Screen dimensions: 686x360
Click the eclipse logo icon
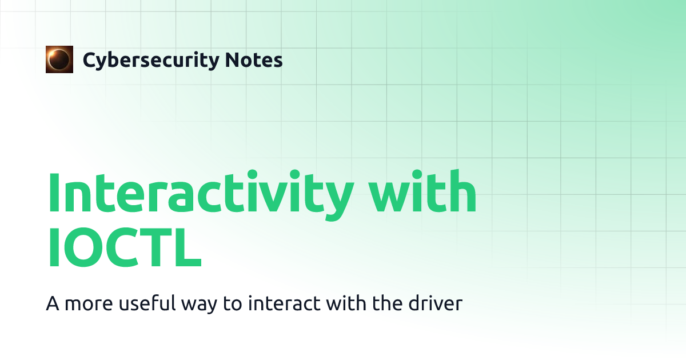point(59,59)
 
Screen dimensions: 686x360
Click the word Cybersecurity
point(151,61)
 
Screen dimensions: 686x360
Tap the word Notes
point(254,59)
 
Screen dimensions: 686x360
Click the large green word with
point(422,191)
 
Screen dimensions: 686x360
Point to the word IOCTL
point(125,247)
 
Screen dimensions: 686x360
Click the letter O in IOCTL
point(83,247)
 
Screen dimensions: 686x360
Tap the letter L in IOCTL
point(188,247)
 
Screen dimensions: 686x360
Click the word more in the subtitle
point(89,304)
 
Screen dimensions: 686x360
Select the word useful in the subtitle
point(147,303)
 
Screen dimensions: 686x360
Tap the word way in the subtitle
point(199,305)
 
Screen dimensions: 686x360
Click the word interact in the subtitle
point(284,303)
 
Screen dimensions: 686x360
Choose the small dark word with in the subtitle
point(346,303)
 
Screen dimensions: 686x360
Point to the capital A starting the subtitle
point(53,303)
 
